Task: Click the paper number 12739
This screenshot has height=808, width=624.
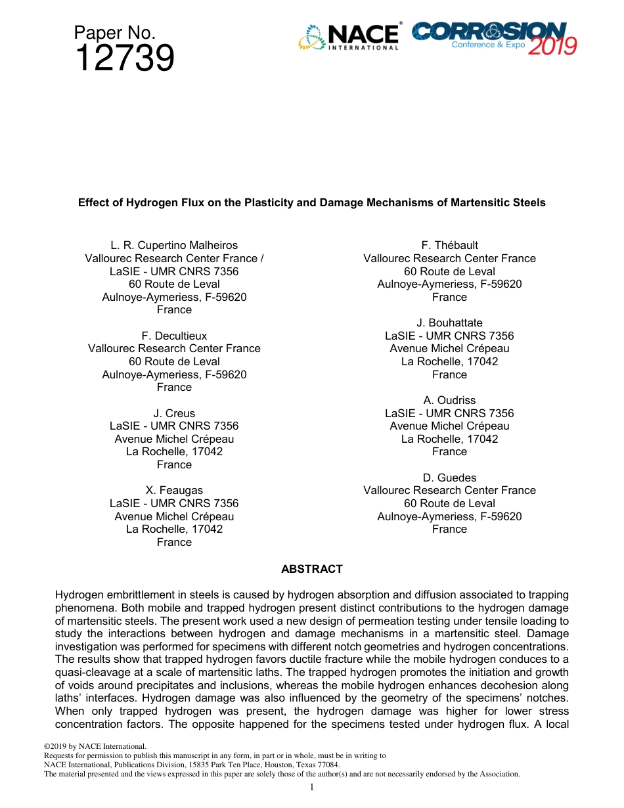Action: click(x=124, y=58)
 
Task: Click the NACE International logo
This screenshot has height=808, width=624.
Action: click(x=349, y=37)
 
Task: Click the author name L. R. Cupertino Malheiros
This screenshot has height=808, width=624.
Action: click(x=174, y=245)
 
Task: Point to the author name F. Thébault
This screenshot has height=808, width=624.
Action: click(x=449, y=245)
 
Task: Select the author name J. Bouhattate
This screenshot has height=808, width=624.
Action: click(x=449, y=323)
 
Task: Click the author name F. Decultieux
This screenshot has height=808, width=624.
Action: click(x=174, y=336)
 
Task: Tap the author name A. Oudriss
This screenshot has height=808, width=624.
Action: click(x=449, y=400)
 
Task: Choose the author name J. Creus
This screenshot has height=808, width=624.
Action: click(x=174, y=413)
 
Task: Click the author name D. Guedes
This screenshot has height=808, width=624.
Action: click(x=449, y=478)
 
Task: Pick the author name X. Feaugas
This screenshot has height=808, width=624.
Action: click(x=174, y=490)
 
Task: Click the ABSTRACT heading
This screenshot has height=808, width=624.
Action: click(x=311, y=569)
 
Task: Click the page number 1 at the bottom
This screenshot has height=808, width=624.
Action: click(x=312, y=787)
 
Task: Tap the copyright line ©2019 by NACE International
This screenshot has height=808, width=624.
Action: click(x=94, y=746)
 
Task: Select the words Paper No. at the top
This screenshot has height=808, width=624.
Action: click(x=114, y=32)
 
